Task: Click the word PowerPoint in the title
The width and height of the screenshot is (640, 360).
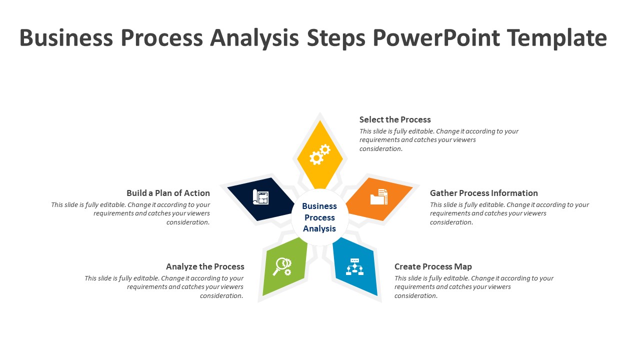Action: click(436, 38)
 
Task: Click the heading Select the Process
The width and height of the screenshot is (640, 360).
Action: click(395, 119)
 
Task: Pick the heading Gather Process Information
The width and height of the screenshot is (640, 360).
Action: click(483, 193)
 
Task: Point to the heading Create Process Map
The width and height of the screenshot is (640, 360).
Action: click(433, 266)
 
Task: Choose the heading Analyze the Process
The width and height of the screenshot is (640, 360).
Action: click(205, 266)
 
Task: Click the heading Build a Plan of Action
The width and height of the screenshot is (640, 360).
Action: click(168, 193)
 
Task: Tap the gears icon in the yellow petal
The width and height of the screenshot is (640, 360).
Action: click(319, 154)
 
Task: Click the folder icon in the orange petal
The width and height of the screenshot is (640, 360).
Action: click(379, 197)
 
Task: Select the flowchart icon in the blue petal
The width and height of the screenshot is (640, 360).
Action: click(355, 267)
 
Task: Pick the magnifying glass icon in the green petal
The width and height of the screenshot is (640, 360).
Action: click(282, 266)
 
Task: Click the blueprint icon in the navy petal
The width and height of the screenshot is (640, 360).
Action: click(260, 197)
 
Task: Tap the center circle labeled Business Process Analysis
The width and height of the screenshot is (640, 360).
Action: click(319, 217)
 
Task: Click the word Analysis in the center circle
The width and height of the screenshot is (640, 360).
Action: click(319, 229)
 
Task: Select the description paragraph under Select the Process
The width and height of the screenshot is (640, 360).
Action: click(439, 140)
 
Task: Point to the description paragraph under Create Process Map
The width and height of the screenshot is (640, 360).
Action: click(473, 287)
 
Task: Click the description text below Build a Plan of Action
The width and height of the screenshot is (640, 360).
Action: click(131, 213)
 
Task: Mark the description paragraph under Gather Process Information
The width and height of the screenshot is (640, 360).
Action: click(509, 213)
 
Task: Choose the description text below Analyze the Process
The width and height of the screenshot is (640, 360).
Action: click(164, 287)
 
